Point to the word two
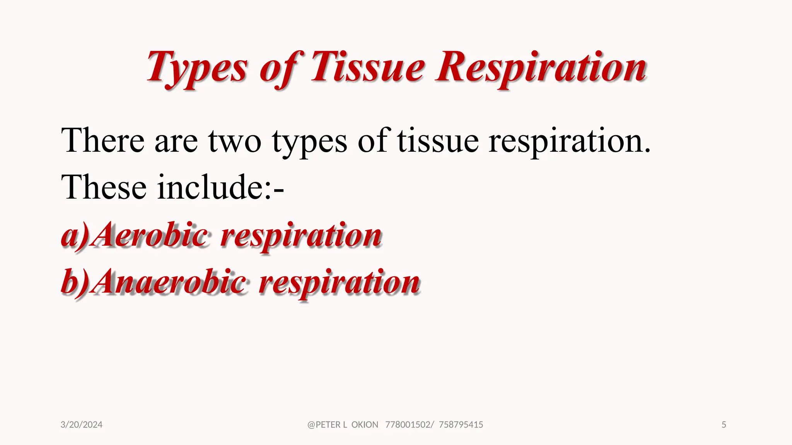[x=235, y=141]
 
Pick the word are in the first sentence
[x=176, y=142]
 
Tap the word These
[x=104, y=188]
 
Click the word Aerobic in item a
[x=151, y=235]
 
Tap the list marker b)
[x=75, y=282]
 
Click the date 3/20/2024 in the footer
[x=82, y=425]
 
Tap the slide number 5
[x=724, y=425]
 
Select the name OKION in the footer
[x=365, y=425]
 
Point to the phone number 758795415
[x=461, y=425]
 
